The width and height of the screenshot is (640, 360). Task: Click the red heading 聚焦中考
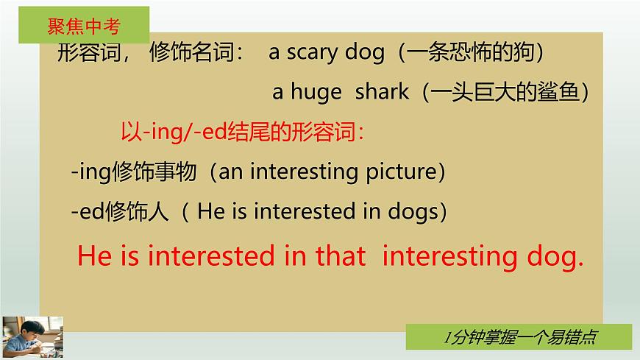pyautogui.click(x=83, y=27)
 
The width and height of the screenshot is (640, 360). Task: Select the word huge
pyautogui.click(x=316, y=92)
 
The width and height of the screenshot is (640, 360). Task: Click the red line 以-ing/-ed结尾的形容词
pyautogui.click(x=242, y=133)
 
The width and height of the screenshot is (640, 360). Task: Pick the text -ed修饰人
pyautogui.click(x=121, y=212)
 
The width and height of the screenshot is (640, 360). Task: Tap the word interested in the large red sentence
pyautogui.click(x=213, y=255)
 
